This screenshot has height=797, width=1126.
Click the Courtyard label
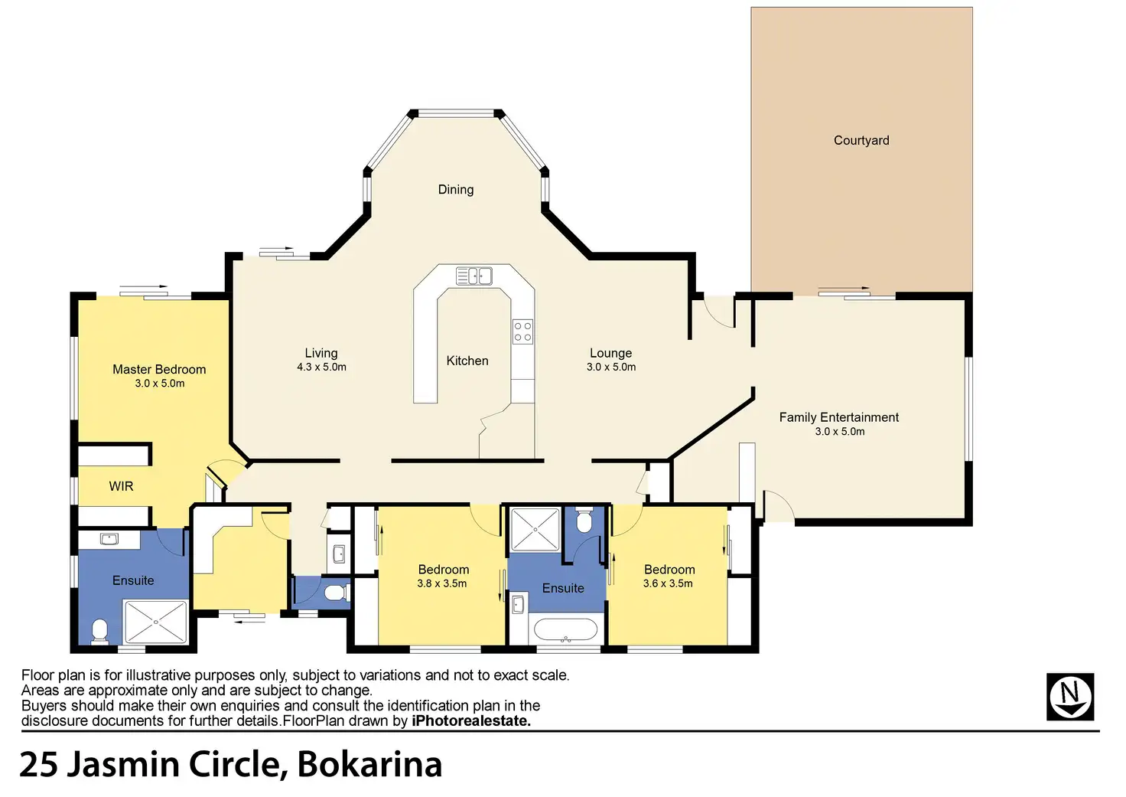click(861, 140)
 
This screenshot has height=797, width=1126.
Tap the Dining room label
click(455, 190)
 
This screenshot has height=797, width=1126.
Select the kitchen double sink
click(474, 276)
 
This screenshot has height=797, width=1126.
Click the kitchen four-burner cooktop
click(522, 332)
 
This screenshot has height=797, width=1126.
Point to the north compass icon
click(1070, 697)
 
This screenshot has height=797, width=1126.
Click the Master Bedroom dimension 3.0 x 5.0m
click(159, 384)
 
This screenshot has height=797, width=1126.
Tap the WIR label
click(121, 486)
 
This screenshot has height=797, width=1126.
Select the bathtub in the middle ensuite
click(565, 629)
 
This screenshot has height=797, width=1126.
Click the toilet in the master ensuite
click(99, 632)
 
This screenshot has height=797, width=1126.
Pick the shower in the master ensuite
click(156, 622)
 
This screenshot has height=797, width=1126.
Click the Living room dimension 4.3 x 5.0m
click(321, 367)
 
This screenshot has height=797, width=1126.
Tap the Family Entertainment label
click(839, 417)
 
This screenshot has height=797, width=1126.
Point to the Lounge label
click(610, 353)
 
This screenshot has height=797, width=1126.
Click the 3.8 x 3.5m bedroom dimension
click(442, 583)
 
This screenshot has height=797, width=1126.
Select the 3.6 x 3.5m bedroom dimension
click(668, 583)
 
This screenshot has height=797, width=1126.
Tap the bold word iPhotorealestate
click(471, 721)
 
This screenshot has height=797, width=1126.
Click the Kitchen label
click(467, 361)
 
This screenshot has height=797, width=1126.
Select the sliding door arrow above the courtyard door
click(844, 289)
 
